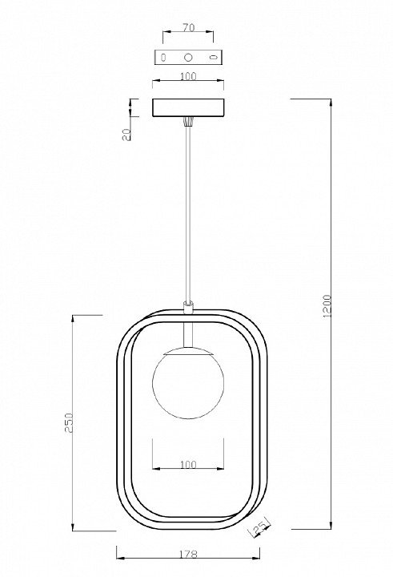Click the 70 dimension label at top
[188, 27]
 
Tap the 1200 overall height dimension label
[327, 306]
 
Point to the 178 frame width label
[188, 554]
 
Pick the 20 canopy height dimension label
[126, 135]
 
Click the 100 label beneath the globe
[188, 464]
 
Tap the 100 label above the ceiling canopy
[188, 77]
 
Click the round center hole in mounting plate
[188, 57]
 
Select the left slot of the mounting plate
[163, 57]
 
